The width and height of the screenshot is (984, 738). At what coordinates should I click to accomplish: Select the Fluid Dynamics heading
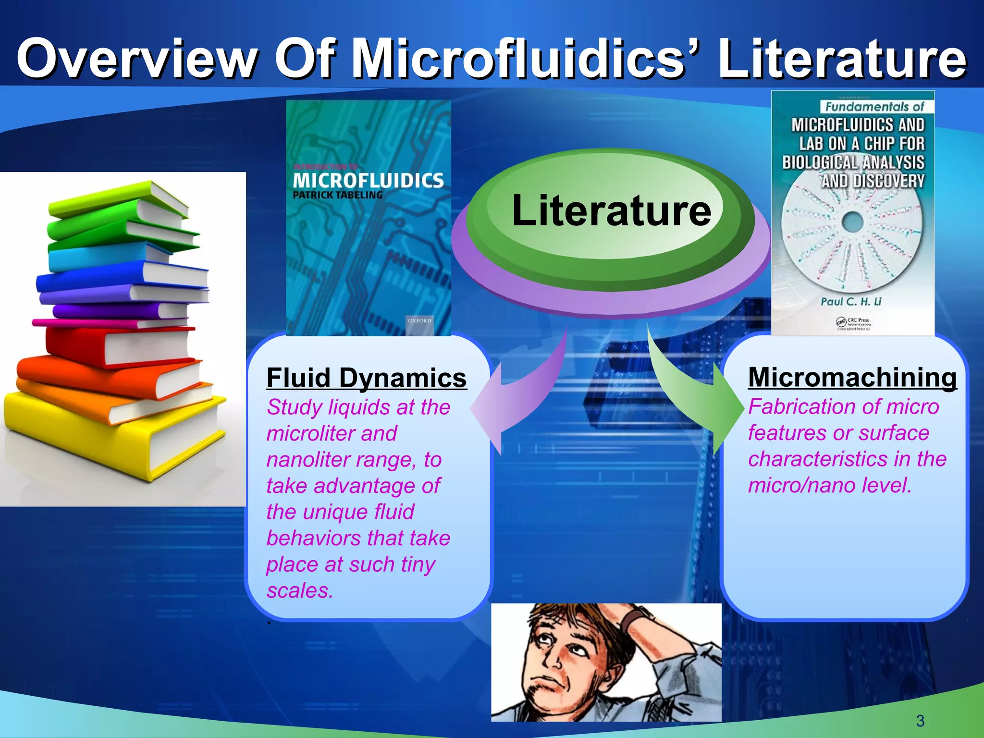(x=366, y=378)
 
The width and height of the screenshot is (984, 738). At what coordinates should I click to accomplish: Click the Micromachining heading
(x=852, y=377)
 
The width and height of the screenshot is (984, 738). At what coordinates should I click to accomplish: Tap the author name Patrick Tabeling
(x=338, y=195)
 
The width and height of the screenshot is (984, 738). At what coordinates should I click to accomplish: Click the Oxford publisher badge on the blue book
(x=419, y=321)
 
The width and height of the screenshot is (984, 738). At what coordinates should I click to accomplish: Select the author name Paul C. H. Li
(x=851, y=302)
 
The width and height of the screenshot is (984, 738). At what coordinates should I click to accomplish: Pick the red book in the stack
(x=120, y=344)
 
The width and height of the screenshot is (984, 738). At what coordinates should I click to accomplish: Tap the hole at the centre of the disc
(x=853, y=221)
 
